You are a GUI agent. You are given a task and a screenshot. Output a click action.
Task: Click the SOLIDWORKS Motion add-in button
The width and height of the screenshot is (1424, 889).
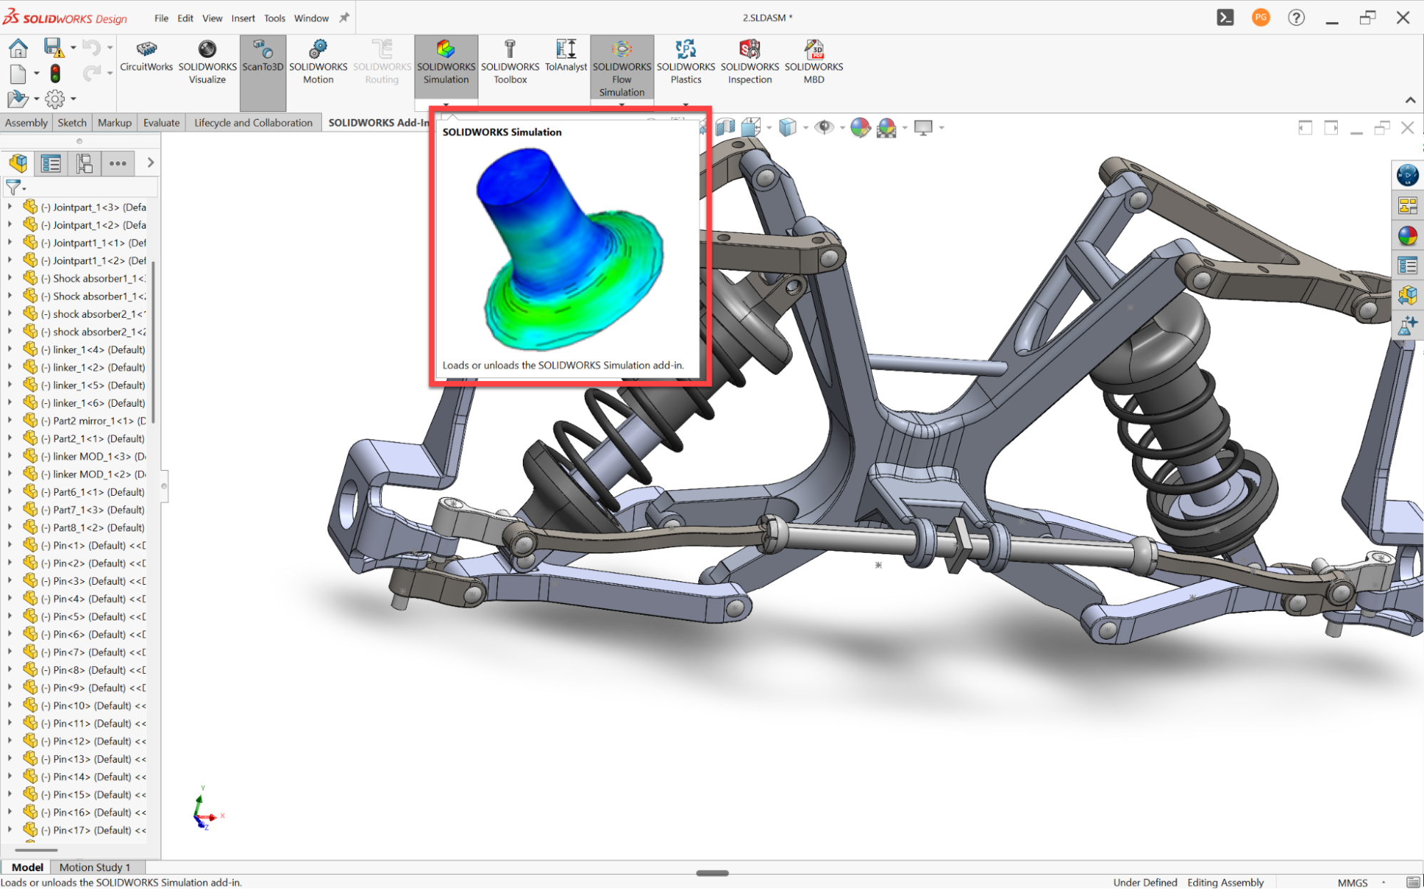click(x=318, y=62)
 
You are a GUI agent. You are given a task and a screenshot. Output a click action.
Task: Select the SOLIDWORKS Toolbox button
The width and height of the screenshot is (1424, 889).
click(x=510, y=62)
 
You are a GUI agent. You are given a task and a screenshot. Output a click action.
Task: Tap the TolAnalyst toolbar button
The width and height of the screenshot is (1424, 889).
click(x=566, y=56)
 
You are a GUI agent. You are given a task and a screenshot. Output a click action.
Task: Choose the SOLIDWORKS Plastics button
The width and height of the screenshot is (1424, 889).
click(x=685, y=62)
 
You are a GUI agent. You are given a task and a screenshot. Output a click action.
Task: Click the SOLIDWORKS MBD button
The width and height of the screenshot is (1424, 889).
click(x=814, y=62)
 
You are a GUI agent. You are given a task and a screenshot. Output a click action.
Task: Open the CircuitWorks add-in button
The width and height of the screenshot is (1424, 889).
click(x=146, y=56)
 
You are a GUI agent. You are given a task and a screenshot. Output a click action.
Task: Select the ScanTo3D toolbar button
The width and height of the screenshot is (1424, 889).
click(x=263, y=56)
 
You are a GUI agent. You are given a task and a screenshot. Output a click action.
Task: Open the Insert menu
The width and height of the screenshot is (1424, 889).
click(x=243, y=19)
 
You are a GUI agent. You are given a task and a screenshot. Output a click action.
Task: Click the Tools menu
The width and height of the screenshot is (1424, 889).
click(x=274, y=19)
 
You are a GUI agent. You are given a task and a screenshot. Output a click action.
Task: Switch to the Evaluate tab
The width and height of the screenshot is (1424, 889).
click(x=162, y=123)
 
